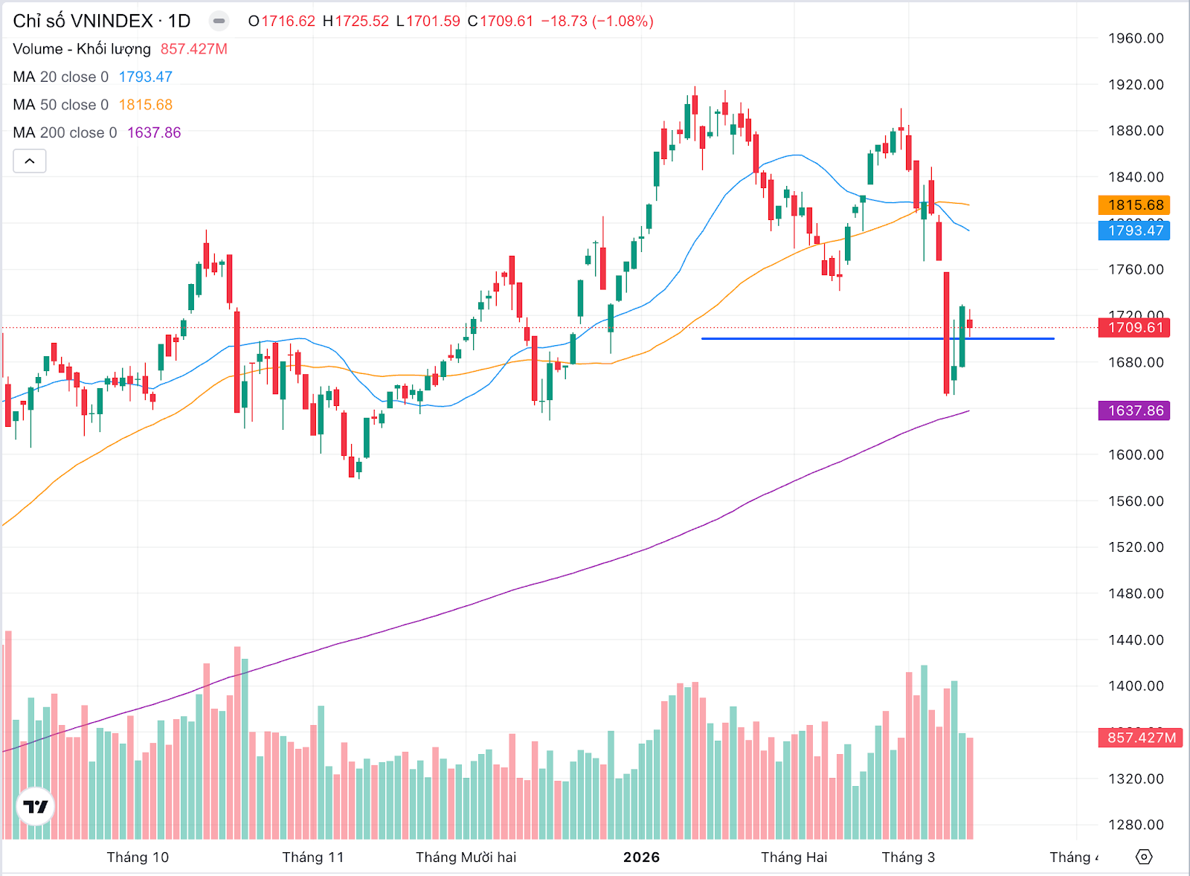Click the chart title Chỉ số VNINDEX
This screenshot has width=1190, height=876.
tap(83, 21)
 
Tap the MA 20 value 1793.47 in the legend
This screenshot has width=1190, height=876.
tap(145, 77)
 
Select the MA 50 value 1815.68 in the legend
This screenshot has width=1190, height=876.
tap(145, 105)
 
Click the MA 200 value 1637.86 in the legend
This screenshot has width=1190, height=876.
tap(154, 132)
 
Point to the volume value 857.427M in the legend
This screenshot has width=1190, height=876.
tap(193, 49)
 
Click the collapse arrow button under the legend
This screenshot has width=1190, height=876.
tap(30, 161)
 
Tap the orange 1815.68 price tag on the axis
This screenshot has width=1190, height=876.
tap(1134, 205)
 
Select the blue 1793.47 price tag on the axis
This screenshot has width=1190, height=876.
tap(1134, 231)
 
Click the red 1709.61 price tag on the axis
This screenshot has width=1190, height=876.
tap(1134, 328)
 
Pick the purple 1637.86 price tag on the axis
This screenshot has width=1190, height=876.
tap(1134, 410)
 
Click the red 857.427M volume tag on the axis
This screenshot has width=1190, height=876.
tap(1140, 738)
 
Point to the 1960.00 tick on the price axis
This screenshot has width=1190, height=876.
tap(1136, 39)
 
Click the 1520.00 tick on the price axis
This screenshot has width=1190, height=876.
tap(1136, 547)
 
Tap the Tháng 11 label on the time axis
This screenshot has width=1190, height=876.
tap(313, 857)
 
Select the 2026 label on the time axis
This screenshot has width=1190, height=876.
tap(641, 857)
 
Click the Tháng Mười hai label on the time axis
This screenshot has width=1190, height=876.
tap(466, 857)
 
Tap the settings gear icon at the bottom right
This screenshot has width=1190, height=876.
tap(1144, 857)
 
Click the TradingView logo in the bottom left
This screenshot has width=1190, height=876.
tap(35, 807)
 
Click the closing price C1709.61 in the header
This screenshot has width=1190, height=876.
tap(501, 21)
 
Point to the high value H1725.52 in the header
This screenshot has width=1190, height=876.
tap(356, 21)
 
